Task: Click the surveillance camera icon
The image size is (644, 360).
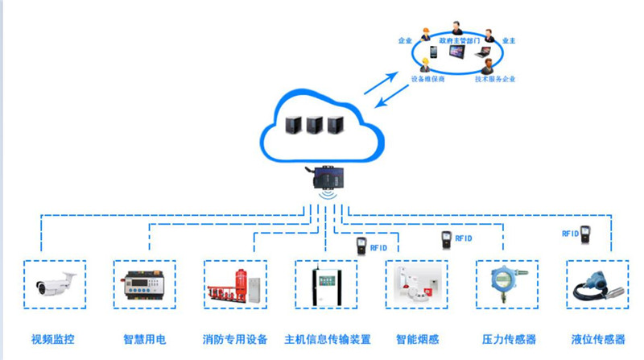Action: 56,284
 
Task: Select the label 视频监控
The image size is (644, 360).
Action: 53,339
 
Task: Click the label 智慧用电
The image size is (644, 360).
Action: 144,339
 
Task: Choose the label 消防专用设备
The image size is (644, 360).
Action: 235,339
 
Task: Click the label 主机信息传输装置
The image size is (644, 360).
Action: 328,339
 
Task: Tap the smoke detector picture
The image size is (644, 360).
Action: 417,284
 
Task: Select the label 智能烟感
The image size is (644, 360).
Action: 416,339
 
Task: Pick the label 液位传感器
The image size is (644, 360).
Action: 597,339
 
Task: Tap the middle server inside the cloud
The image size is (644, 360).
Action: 314,125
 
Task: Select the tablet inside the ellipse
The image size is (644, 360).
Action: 456,53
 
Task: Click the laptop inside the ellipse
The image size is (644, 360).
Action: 482,52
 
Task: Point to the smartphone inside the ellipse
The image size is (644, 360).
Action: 433,52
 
